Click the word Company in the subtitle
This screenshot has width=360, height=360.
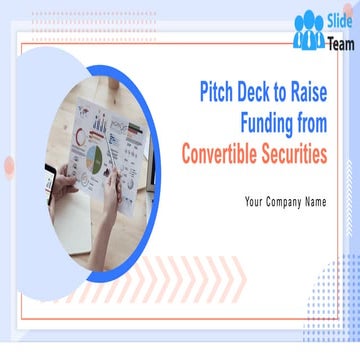[x=286, y=201]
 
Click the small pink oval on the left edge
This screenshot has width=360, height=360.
[x=9, y=166]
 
